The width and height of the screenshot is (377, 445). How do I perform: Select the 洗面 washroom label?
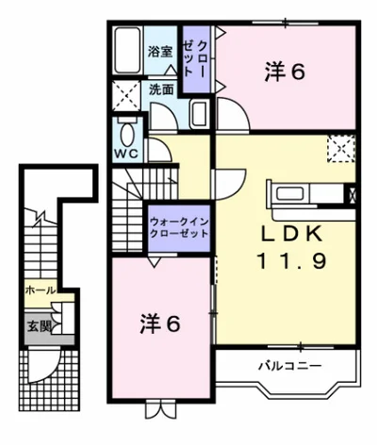[160, 90]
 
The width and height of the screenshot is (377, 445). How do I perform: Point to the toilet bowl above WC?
[126, 130]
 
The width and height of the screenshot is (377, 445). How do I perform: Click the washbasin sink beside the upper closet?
[199, 114]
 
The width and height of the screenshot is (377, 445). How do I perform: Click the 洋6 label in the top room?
[285, 72]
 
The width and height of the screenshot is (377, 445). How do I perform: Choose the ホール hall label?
[40, 290]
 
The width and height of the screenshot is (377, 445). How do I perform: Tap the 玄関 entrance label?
[37, 326]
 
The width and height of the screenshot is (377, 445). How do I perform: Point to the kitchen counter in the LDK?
[306, 196]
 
